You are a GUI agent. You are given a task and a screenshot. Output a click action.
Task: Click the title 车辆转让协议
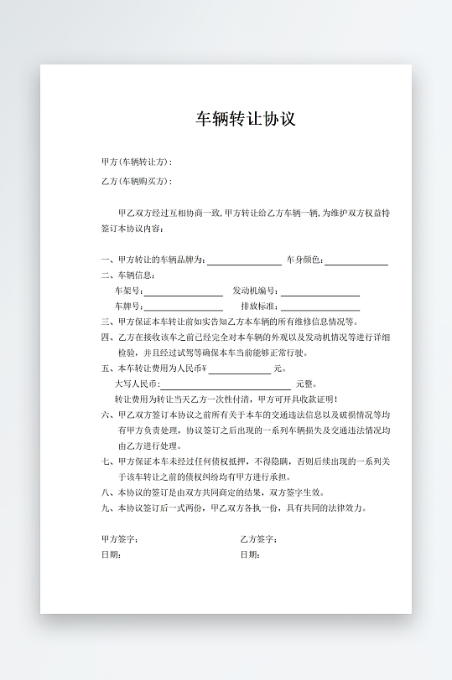246,119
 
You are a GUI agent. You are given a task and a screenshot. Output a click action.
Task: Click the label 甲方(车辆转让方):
136,162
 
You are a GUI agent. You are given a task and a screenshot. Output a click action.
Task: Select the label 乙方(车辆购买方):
136,181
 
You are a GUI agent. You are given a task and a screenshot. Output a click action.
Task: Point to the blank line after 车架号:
183,292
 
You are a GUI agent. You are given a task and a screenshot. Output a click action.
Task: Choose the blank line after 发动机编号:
320,292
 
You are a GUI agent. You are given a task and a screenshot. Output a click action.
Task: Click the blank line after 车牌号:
183,307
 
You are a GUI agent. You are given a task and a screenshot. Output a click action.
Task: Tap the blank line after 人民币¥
239,369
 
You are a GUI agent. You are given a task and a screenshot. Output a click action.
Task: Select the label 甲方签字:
120,538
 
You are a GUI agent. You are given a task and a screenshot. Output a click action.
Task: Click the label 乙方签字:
259,538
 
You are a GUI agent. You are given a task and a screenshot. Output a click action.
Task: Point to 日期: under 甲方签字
111,554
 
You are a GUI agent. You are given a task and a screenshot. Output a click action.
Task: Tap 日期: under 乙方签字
250,554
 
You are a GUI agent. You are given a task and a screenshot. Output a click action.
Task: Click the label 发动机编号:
255,291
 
